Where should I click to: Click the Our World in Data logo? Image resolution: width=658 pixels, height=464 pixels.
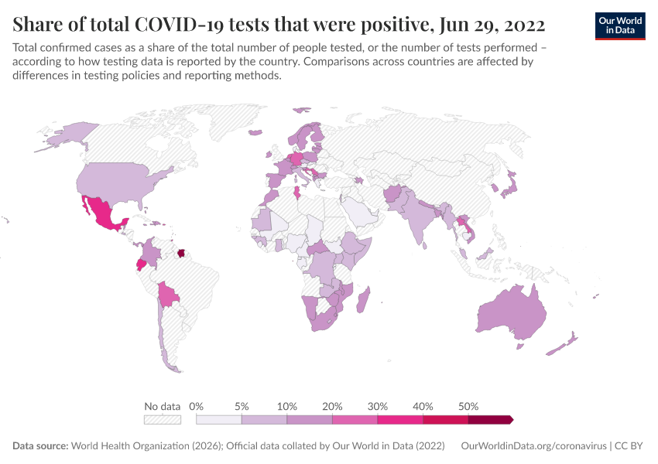[x=619, y=25]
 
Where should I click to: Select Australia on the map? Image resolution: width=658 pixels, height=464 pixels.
[x=511, y=313]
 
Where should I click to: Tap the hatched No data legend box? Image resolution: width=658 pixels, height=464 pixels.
[x=162, y=420]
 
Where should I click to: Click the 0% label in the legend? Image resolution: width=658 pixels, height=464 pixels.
[x=197, y=406]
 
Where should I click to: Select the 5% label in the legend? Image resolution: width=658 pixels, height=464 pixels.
[x=242, y=406]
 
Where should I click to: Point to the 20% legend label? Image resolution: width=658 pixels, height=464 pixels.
[x=332, y=406]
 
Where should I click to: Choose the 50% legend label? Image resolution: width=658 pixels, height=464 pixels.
[x=468, y=406]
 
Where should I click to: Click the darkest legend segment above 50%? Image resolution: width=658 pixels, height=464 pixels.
[x=490, y=420]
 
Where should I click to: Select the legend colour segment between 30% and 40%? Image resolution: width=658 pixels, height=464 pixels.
[x=400, y=420]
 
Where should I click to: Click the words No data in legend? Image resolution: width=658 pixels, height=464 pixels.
[x=162, y=406]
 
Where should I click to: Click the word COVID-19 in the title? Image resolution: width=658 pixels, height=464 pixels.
[x=177, y=25]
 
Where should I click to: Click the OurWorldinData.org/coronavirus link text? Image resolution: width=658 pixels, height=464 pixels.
[x=533, y=446]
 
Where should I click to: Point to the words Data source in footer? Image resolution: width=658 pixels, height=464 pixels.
[x=40, y=446]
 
